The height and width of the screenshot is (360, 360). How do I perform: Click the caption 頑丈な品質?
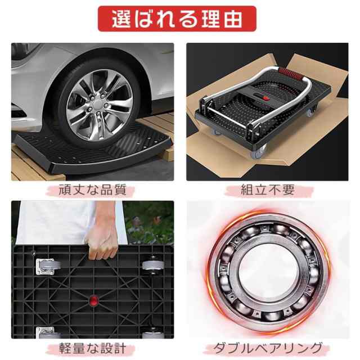click(x=93, y=190)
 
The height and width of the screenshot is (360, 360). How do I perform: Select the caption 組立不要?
click(x=267, y=190)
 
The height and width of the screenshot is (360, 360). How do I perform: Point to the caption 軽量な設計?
click(x=93, y=346)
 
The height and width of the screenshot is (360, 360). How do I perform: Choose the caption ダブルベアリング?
click(x=267, y=346)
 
